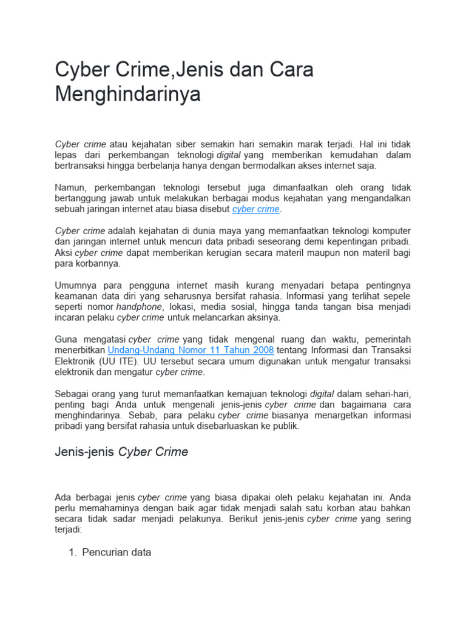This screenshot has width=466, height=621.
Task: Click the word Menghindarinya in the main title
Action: [x=127, y=95]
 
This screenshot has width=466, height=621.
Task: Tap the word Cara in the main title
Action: [x=288, y=70]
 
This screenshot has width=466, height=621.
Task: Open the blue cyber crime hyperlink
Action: [x=256, y=209]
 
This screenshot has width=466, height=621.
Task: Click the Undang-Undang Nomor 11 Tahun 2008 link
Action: [x=191, y=351]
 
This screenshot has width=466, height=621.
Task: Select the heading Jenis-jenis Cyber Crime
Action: [x=121, y=452]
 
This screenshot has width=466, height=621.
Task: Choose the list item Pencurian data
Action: [x=116, y=552]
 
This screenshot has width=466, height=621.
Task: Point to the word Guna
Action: [x=66, y=340]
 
